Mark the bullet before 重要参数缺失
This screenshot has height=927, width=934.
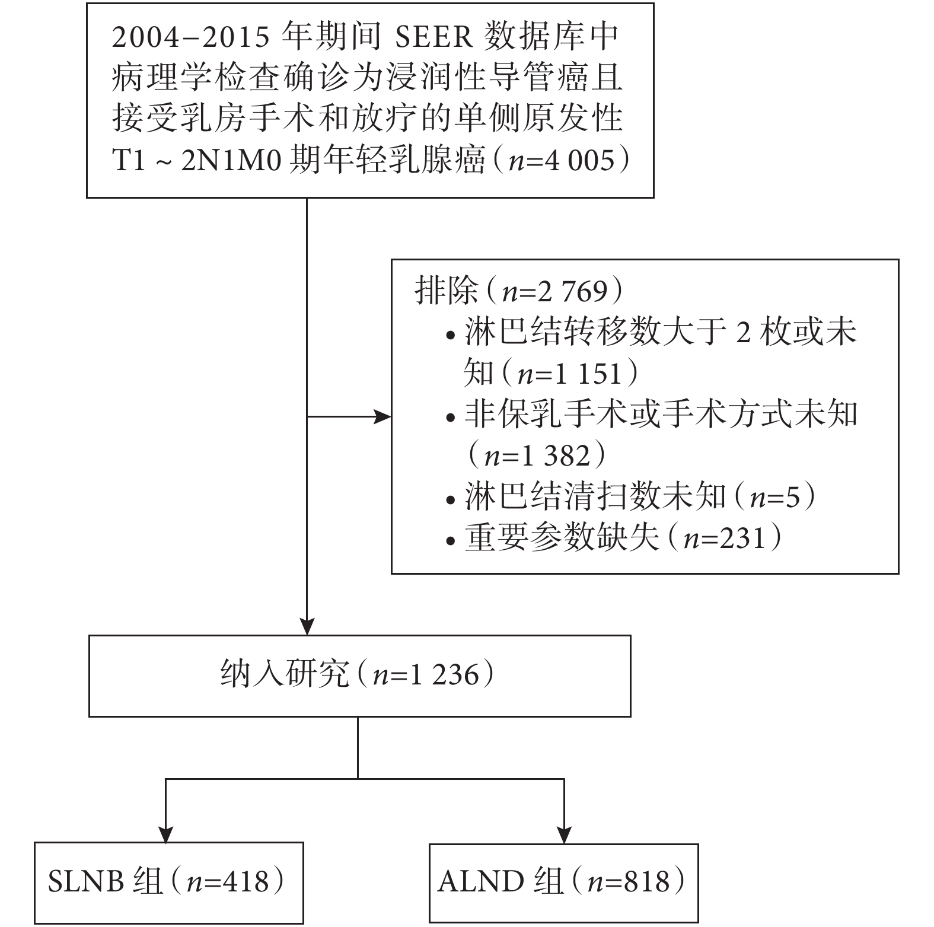click(452, 540)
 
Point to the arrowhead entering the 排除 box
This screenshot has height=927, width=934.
click(382, 417)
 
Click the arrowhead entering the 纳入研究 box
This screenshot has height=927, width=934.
click(307, 626)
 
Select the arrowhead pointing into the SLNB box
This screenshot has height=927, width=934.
click(165, 834)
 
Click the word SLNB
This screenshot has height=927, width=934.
click(86, 882)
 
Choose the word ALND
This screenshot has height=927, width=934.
click(481, 882)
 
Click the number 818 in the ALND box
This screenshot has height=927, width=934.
click(646, 882)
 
